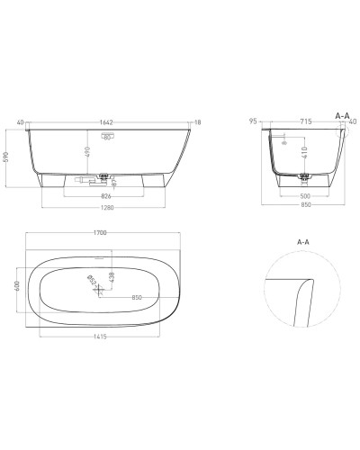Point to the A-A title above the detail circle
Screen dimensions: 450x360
pos(301,242)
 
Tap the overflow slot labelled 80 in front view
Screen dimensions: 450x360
pos(106,138)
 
